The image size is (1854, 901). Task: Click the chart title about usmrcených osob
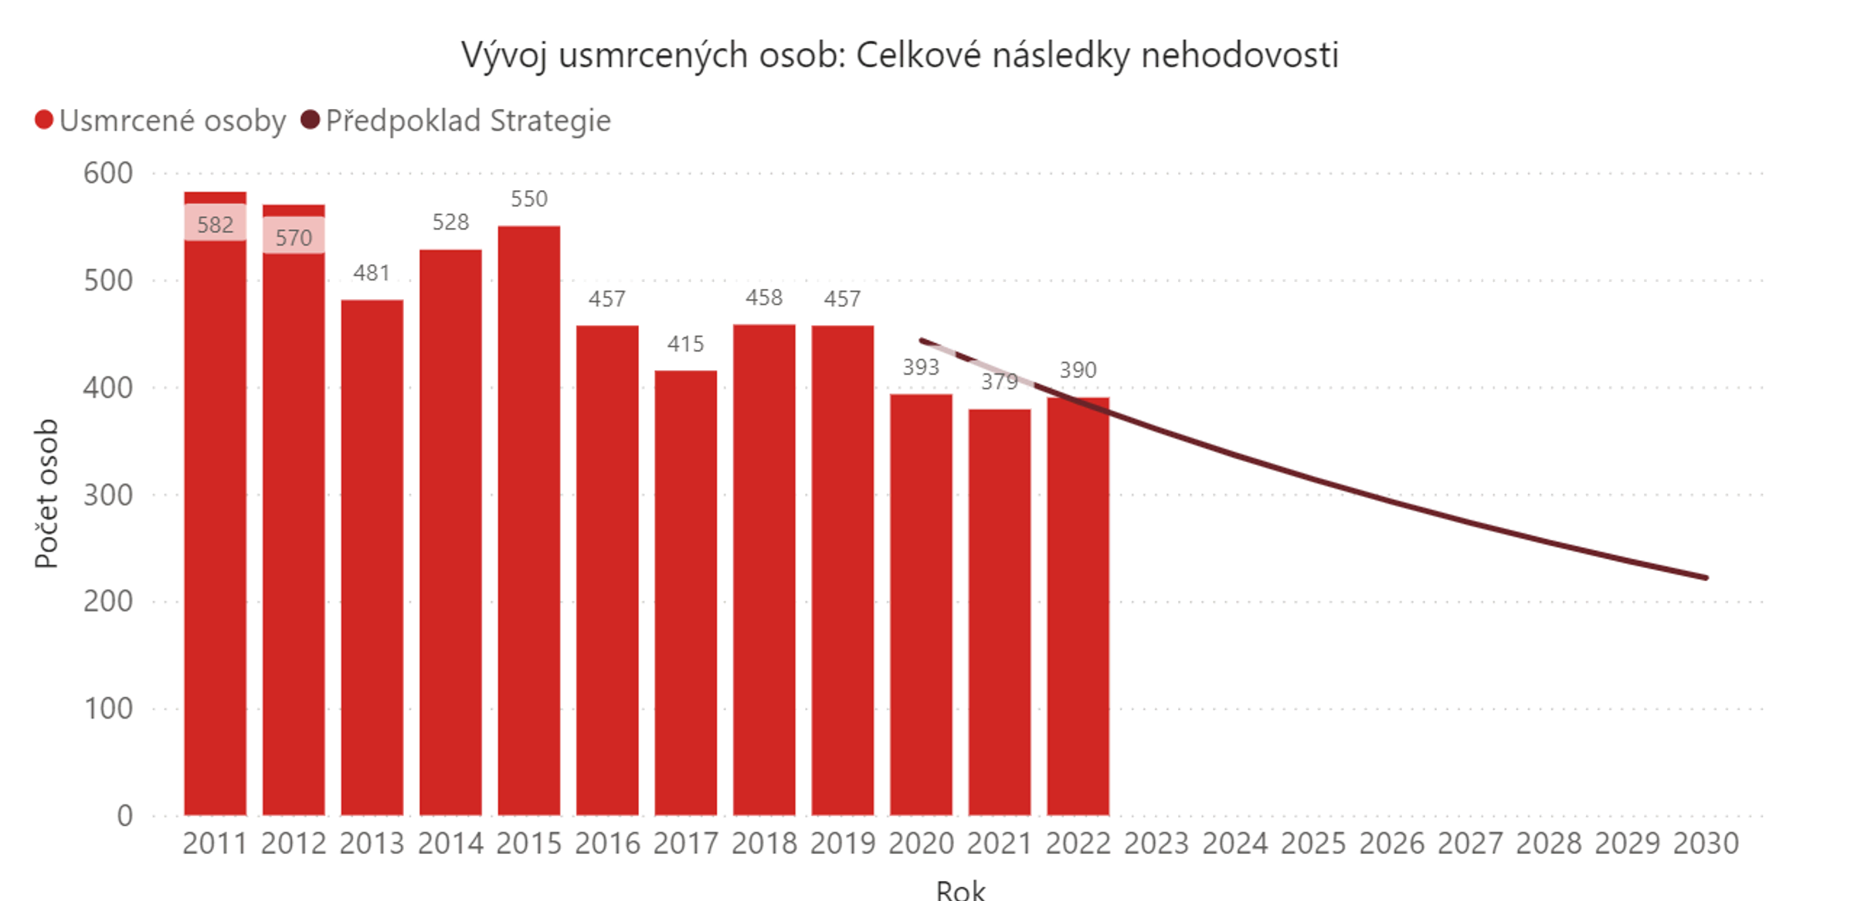pyautogui.click(x=900, y=56)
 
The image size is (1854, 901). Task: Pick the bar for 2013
pyautogui.click(x=372, y=556)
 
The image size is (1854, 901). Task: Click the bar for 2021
pyautogui.click(x=999, y=611)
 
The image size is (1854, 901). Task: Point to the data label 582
pyautogui.click(x=215, y=225)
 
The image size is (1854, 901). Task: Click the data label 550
pyautogui.click(x=529, y=199)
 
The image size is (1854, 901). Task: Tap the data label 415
pyautogui.click(x=685, y=344)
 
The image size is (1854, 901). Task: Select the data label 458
pyautogui.click(x=764, y=297)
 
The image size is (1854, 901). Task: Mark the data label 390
pyautogui.click(x=1078, y=370)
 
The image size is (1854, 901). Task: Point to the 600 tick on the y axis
pyautogui.click(x=108, y=173)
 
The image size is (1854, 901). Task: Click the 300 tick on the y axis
pyautogui.click(x=108, y=495)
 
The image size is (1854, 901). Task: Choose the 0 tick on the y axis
pyautogui.click(x=124, y=815)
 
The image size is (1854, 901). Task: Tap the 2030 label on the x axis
pyautogui.click(x=1706, y=843)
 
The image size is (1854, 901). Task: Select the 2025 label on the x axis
pyautogui.click(x=1313, y=843)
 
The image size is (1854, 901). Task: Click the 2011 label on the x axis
pyautogui.click(x=215, y=843)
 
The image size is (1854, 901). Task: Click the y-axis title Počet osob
pyautogui.click(x=47, y=494)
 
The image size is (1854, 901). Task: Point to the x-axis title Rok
pyautogui.click(x=960, y=889)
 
